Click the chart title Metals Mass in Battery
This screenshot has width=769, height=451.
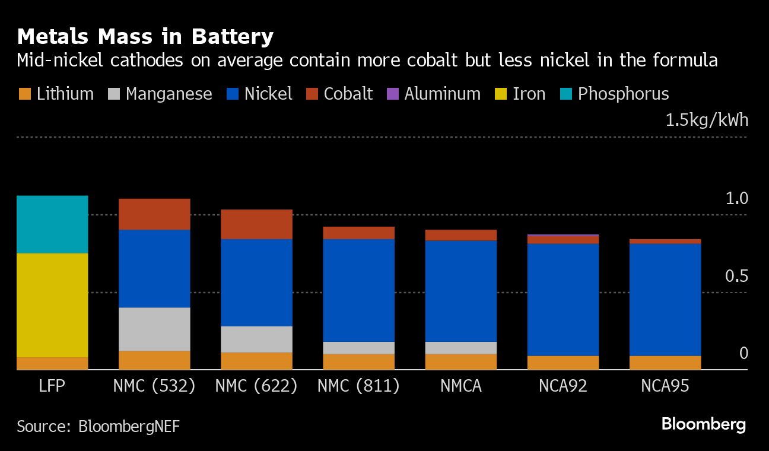point(145,37)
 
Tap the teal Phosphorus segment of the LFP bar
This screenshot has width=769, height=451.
point(52,224)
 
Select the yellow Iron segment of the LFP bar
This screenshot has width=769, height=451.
point(52,305)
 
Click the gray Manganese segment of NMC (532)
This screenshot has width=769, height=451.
point(154,329)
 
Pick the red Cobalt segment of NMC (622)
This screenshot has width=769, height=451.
point(256,224)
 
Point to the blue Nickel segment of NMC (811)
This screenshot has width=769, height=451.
point(358,290)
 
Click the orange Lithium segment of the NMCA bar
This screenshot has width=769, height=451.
point(460,361)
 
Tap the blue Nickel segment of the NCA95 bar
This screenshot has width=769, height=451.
point(665,299)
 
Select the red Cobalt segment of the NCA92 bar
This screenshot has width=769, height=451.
point(563,240)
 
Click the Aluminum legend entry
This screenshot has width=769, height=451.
point(442,94)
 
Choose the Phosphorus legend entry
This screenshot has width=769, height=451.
point(623,94)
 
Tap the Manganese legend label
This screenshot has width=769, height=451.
point(169,94)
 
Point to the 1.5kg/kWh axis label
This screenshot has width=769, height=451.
point(707,120)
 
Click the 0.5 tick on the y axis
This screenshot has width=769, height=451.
point(736,277)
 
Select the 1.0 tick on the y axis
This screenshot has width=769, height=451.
point(736,199)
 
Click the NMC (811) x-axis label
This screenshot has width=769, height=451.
point(358,386)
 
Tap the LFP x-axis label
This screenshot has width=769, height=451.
point(52,386)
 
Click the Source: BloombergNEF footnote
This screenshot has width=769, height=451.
point(98,426)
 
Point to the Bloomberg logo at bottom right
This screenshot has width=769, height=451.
point(703,424)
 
